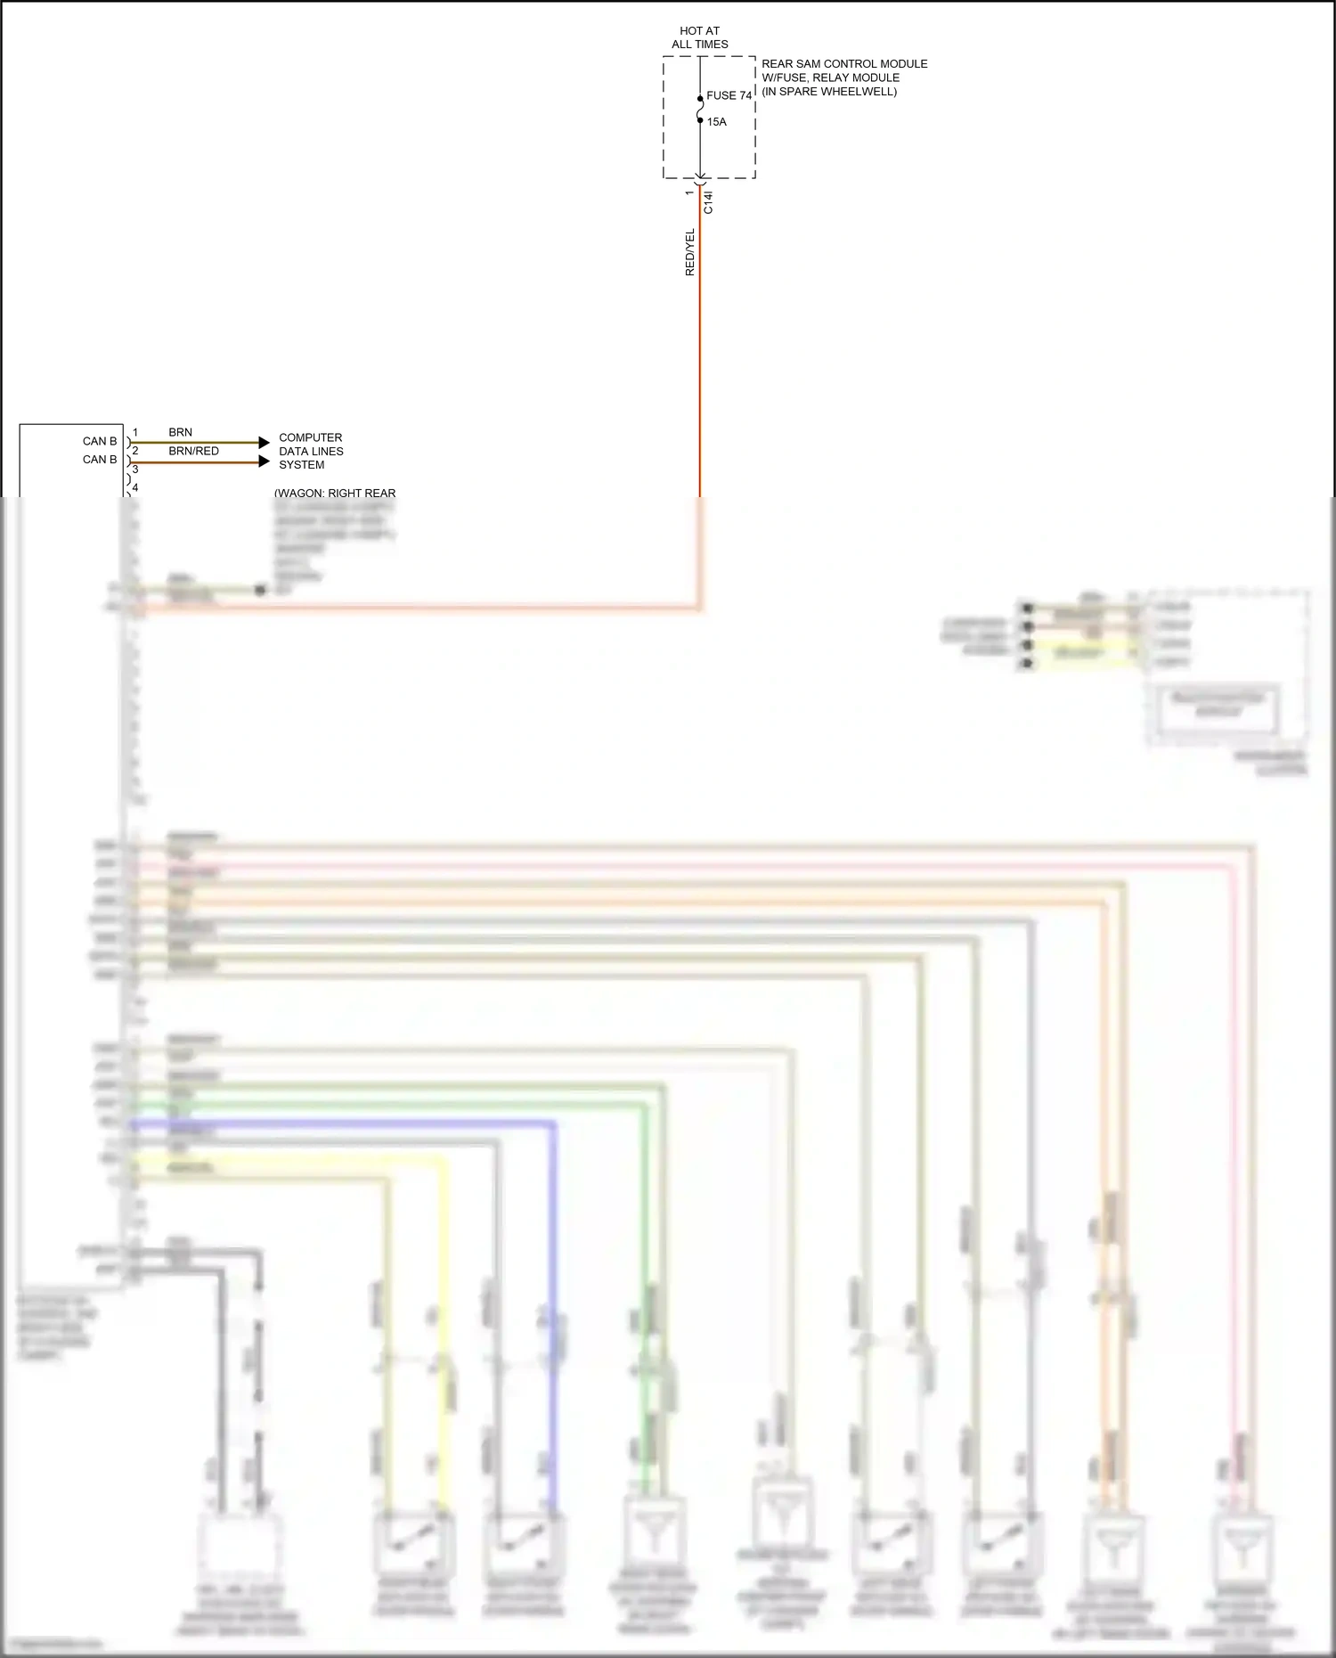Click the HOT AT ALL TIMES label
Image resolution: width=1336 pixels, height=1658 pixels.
[700, 37]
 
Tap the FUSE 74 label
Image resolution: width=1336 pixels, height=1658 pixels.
[729, 95]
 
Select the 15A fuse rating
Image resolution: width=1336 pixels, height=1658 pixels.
[717, 122]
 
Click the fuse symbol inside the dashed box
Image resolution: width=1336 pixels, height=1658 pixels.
[700, 109]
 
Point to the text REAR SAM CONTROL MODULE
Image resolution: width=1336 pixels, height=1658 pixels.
[844, 64]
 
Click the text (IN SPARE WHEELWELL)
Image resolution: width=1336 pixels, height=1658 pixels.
[829, 92]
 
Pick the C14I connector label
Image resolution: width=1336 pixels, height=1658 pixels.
[708, 201]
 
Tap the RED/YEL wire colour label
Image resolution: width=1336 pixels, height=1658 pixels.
[689, 252]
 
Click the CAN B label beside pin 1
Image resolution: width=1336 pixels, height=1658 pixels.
[100, 441]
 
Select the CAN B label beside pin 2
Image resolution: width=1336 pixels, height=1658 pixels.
[100, 460]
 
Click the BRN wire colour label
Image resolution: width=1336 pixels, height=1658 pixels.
[180, 432]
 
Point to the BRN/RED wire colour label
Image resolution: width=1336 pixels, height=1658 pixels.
[193, 451]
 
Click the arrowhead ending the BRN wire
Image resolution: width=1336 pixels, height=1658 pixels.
[264, 442]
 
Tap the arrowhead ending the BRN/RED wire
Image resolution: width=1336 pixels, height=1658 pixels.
[264, 461]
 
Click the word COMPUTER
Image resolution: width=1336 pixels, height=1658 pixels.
[310, 437]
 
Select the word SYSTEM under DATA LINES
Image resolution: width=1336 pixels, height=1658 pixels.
[301, 465]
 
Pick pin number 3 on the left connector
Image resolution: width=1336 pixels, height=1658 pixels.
[135, 470]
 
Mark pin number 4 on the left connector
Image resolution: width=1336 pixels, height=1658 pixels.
[135, 488]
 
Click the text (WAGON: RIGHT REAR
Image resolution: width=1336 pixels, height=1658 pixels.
[335, 493]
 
